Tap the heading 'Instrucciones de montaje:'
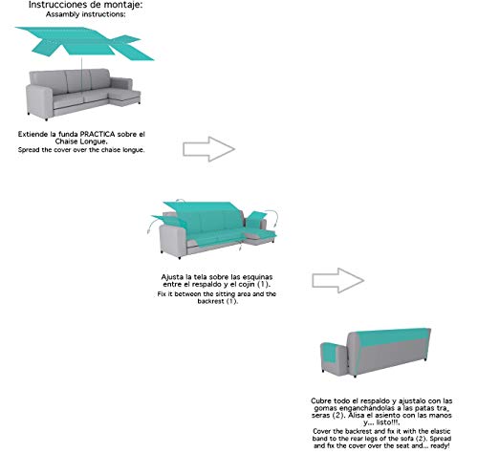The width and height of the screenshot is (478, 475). coord(86,5)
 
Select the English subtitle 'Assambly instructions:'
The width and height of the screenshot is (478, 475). coord(86,14)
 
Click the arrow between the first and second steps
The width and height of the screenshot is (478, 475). coord(209,149)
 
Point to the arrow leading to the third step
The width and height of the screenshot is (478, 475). coord(338,280)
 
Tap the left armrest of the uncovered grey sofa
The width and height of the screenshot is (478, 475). coord(39,100)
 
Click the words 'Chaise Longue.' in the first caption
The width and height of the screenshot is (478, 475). coord(81,141)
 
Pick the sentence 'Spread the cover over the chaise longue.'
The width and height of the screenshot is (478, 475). coord(81,149)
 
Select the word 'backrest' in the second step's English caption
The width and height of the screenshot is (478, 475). coord(211,301)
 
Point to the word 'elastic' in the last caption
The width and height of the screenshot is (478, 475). coord(441,431)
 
